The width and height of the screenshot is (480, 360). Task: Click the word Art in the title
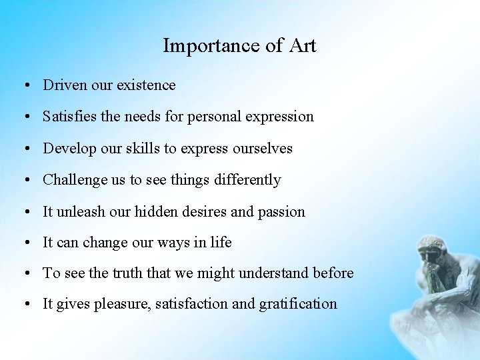click(x=303, y=46)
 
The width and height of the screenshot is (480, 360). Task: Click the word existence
click(x=146, y=85)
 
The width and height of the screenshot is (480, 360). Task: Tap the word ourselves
click(x=259, y=149)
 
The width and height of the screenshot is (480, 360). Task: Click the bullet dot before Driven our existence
click(x=23, y=86)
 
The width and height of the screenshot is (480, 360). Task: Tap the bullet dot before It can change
click(x=23, y=243)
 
